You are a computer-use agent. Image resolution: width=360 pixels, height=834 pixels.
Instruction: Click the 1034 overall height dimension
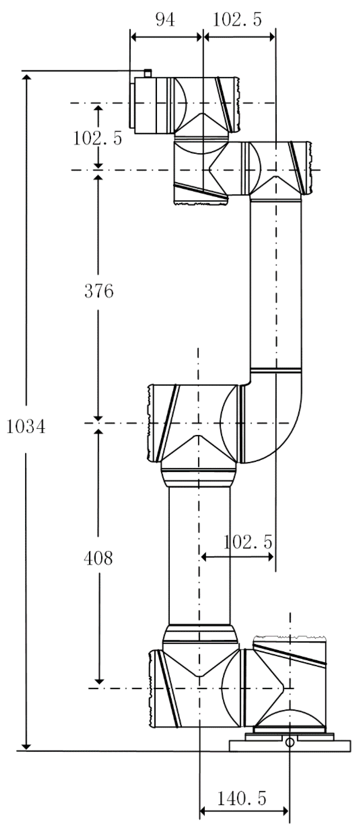26,427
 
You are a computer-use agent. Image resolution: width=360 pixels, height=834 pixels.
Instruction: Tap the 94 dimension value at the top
165,20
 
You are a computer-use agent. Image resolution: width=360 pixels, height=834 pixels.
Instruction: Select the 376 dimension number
99,291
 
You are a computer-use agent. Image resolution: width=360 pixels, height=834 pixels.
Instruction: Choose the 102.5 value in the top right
237,20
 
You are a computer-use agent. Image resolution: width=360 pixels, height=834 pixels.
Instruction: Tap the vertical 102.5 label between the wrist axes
97,138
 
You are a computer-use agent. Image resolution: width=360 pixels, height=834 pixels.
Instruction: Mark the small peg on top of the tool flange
148,73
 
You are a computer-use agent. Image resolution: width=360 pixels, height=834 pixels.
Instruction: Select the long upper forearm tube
276,284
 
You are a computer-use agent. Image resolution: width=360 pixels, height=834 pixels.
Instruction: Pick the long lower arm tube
200,555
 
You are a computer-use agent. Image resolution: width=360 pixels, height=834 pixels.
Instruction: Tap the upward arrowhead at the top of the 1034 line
26,77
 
